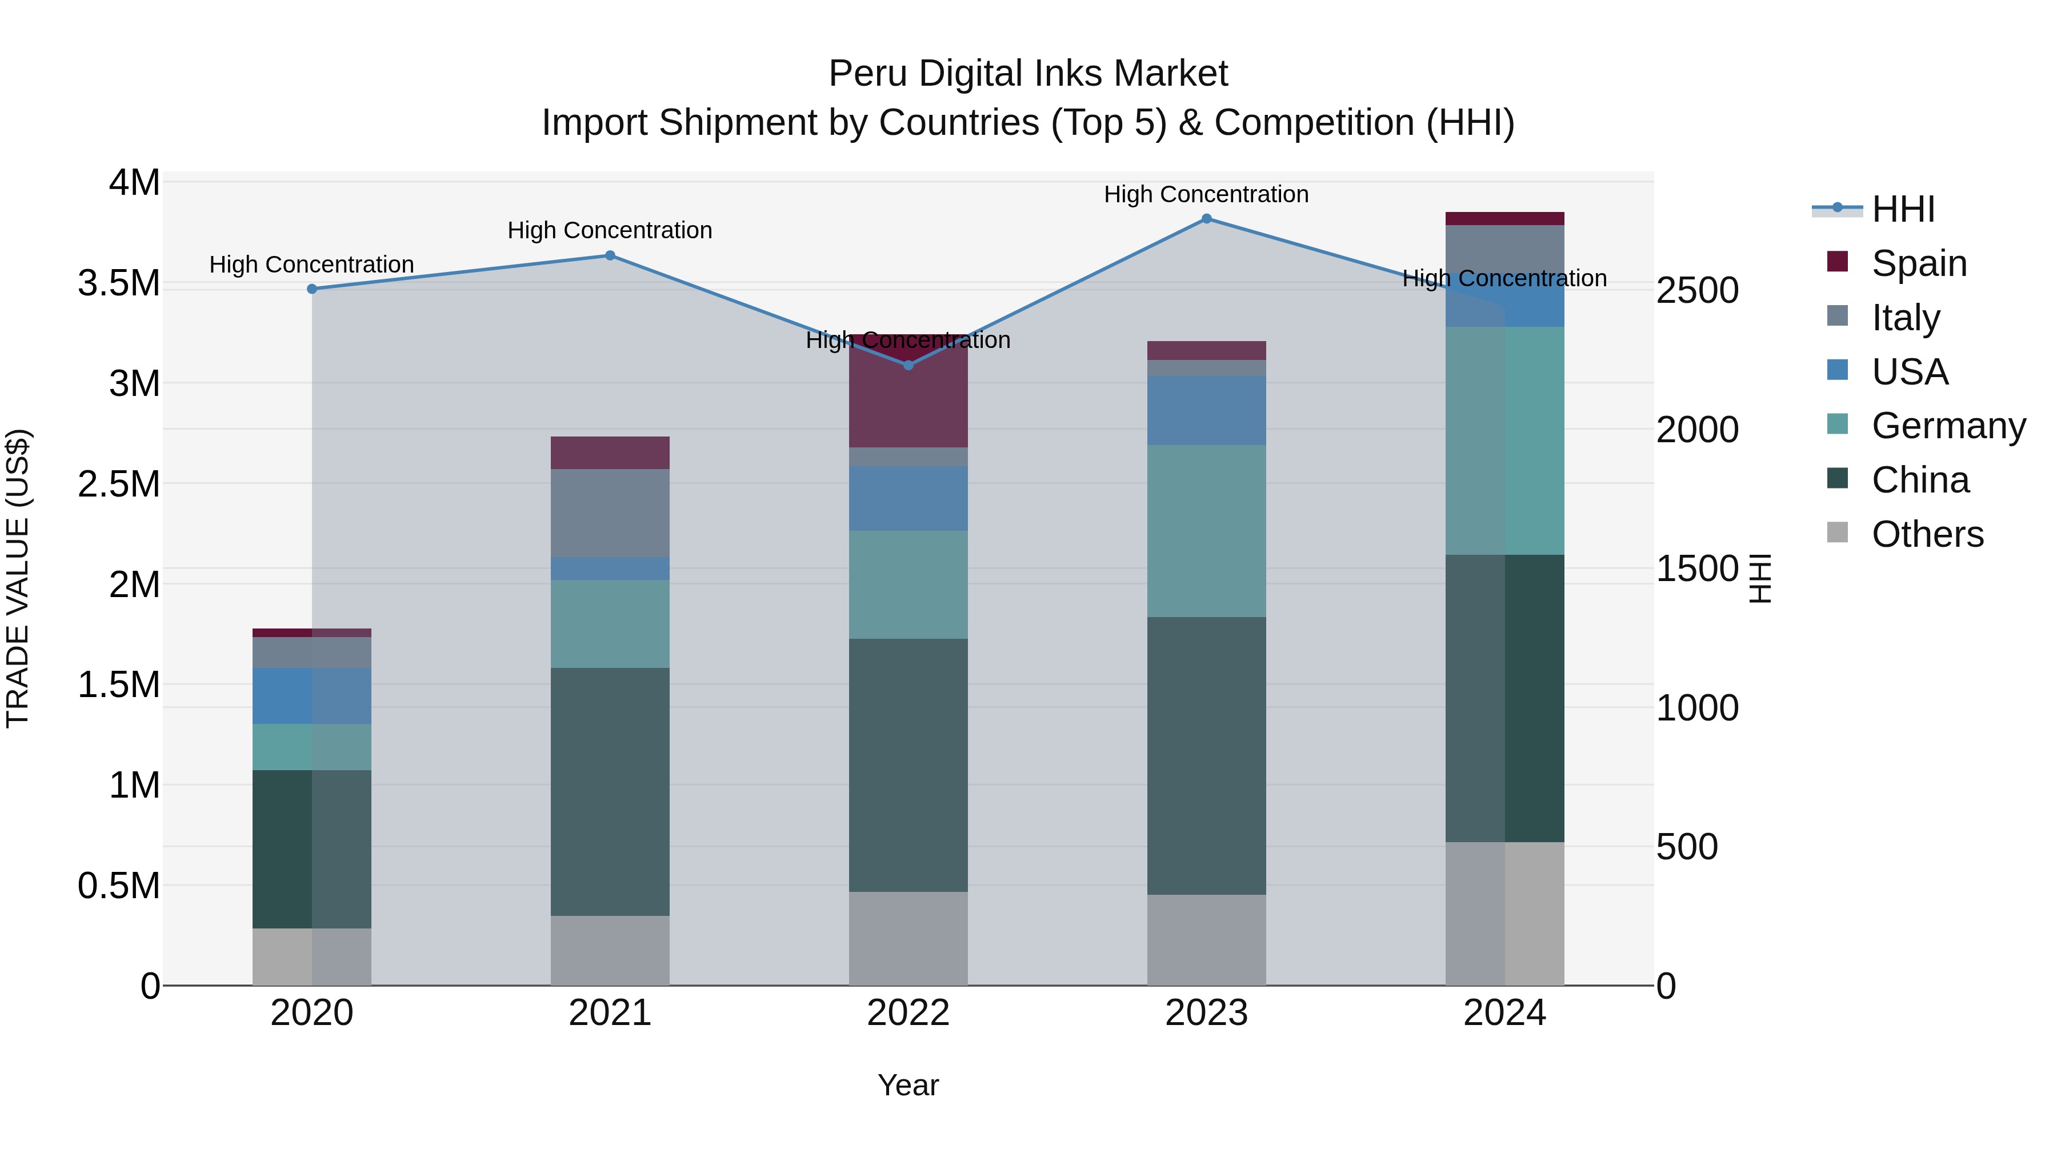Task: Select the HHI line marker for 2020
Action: coord(312,289)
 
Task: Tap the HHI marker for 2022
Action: coord(908,365)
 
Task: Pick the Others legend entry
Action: coord(1926,534)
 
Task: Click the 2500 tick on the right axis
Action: coord(1697,291)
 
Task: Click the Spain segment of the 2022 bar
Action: coord(908,391)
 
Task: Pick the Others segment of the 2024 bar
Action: coord(1504,914)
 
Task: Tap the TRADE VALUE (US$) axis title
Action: coord(18,578)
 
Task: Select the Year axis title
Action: coord(908,1085)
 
